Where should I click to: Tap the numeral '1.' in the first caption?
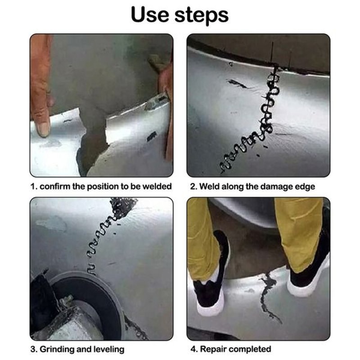(x=34, y=186)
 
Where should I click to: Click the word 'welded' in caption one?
(x=157, y=186)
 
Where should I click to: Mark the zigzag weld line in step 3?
(x=101, y=238)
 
